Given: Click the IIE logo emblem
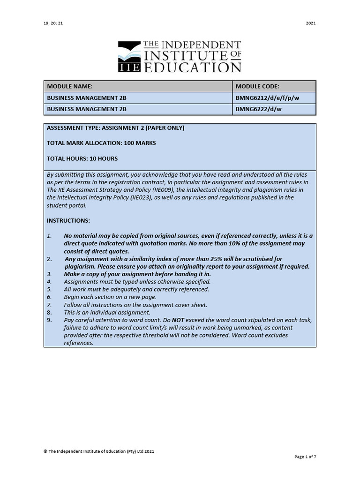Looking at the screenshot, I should click(129, 57).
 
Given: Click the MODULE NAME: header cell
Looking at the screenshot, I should click(70, 87).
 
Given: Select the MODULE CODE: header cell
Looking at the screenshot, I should click(257, 87).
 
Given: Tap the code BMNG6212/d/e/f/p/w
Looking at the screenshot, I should click(266, 98).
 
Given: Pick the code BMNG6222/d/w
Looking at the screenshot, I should click(258, 109).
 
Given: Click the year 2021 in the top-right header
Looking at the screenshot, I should click(311, 23).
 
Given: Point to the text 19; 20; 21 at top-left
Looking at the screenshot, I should click(52, 23).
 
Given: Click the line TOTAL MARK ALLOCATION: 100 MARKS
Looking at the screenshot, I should click(101, 143).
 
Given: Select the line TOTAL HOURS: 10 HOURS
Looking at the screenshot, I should click(82, 158).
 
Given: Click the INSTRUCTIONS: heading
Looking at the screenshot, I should click(68, 220).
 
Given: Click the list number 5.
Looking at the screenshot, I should click(49, 289).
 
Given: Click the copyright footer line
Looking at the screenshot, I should click(99, 451).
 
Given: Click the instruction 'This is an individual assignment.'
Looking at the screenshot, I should click(107, 312).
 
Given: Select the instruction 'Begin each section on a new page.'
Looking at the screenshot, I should click(110, 297).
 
